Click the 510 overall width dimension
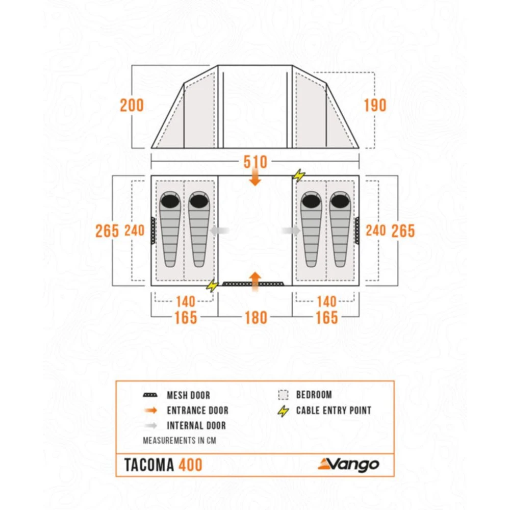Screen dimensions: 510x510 pyautogui.click(x=255, y=162)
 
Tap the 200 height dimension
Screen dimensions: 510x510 pyautogui.click(x=132, y=106)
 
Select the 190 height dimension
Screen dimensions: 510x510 pyautogui.click(x=375, y=106)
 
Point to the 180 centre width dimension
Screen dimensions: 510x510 pyautogui.click(x=256, y=318)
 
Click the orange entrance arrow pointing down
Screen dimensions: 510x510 pyautogui.click(x=256, y=178)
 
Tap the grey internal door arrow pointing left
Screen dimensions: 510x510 pyautogui.click(x=220, y=231)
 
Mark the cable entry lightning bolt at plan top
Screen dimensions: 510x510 pyautogui.click(x=299, y=176)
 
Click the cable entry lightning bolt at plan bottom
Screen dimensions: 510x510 pyautogui.click(x=212, y=286)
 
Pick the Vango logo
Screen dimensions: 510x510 pyautogui.click(x=348, y=464)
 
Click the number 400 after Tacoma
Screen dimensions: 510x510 pyautogui.click(x=190, y=465)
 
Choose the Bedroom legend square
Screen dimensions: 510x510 pyautogui.click(x=284, y=395)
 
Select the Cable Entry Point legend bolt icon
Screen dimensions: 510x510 pyautogui.click(x=284, y=411)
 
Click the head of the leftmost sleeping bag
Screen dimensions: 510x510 pyautogui.click(x=169, y=201)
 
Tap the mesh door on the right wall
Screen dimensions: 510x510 pyautogui.click(x=357, y=231)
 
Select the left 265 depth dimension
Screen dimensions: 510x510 pyautogui.click(x=107, y=231)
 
